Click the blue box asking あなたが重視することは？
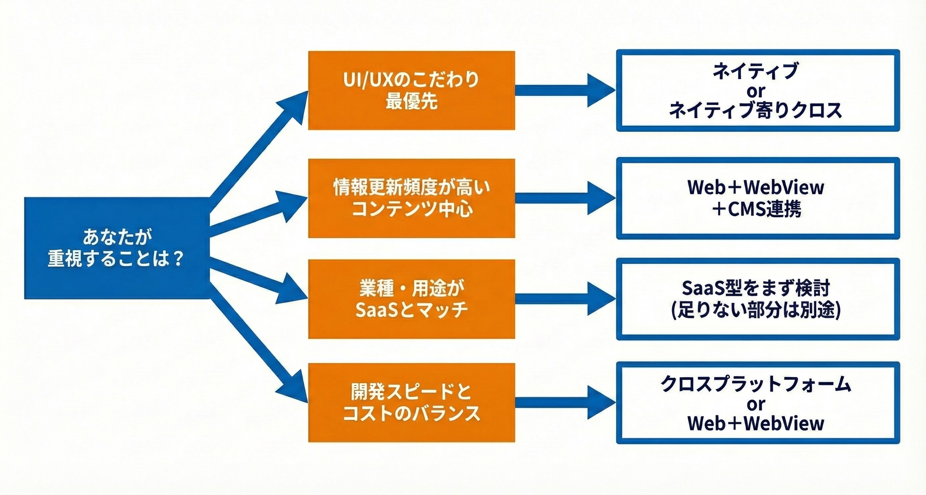[117, 248]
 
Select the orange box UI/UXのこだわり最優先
[412, 90]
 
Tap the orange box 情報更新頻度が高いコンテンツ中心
[412, 198]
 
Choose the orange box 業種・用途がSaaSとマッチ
[412, 299]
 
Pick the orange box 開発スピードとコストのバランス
[412, 403]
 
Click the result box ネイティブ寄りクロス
[758, 90]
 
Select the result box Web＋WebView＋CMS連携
[758, 198]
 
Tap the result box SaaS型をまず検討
[758, 299]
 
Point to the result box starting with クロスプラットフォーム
[758, 403]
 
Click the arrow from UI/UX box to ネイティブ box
[566, 90]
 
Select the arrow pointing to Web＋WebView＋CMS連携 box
[566, 198]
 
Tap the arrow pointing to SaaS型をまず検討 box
[566, 299]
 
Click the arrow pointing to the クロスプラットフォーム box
[566, 403]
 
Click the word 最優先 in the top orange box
[412, 101]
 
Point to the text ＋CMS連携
[756, 209]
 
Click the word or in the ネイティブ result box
[756, 91]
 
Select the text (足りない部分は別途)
[756, 310]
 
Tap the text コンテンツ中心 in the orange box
[412, 209]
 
